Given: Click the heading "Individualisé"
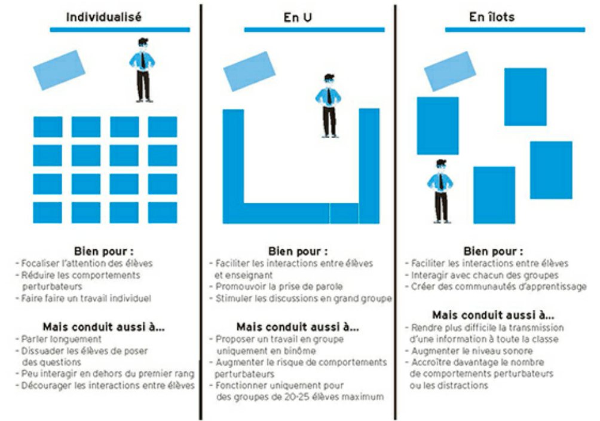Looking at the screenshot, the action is [103, 17].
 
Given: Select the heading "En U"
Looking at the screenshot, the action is [298, 18].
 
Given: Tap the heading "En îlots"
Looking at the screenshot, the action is [492, 17].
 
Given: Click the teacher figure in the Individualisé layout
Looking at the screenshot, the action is [142, 69].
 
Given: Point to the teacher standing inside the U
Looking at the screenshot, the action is [328, 105].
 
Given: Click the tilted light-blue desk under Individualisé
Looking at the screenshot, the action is [59, 69].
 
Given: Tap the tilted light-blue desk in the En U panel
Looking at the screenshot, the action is [249, 71].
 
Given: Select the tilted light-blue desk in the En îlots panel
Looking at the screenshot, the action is [449, 71].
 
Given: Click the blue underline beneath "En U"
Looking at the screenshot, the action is [314, 29].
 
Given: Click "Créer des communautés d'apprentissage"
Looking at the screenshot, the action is [499, 287].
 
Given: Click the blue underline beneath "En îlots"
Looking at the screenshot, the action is [515, 29].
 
